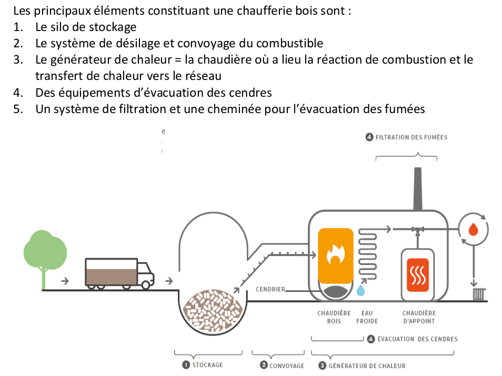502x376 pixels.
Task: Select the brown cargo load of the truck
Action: tap(112, 277)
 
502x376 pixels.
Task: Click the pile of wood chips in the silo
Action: tap(213, 310)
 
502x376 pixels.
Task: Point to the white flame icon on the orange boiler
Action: tap(336, 254)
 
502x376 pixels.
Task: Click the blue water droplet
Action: tap(360, 290)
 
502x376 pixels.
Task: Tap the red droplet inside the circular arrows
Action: tap(473, 229)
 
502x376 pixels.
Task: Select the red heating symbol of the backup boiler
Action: tap(418, 275)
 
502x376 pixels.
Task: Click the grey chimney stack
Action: tap(417, 189)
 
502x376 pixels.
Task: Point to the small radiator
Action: tap(479, 294)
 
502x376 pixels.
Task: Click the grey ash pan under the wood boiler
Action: tap(335, 291)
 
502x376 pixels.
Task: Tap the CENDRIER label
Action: tap(270, 289)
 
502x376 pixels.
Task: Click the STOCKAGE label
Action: tap(207, 365)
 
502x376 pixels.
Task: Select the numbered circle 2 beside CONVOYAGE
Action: tap(264, 365)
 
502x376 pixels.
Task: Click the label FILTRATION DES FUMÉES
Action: tap(411, 137)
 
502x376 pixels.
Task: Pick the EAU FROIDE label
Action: tap(367, 317)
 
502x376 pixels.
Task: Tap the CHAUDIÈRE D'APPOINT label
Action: tap(419, 317)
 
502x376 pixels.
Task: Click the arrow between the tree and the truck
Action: tap(65, 281)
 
